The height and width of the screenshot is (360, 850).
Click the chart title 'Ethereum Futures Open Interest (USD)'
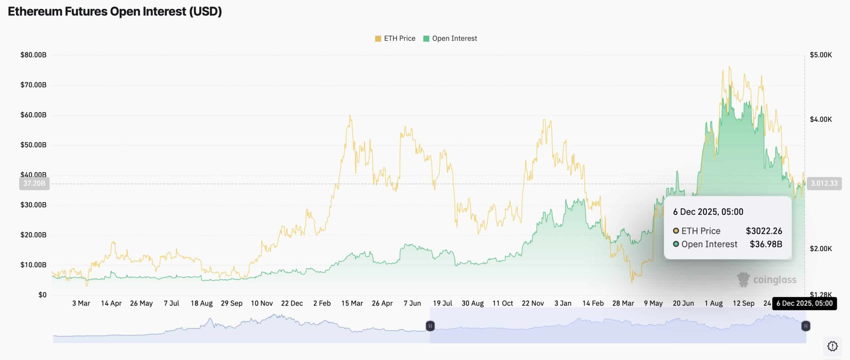point(115,12)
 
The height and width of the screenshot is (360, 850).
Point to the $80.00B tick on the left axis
point(33,55)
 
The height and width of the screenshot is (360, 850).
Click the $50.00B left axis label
point(33,145)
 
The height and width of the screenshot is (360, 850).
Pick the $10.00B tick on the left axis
point(33,265)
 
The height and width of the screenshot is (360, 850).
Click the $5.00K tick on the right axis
point(821,55)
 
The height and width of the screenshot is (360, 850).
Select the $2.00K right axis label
point(821,248)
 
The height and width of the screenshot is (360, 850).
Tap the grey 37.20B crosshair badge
point(34,183)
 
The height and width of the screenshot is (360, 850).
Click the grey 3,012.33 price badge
point(824,183)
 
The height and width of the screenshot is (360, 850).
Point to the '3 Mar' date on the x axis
point(81,303)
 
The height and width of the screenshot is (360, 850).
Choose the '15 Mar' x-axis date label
point(352,303)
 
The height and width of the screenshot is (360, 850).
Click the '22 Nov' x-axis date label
point(533,303)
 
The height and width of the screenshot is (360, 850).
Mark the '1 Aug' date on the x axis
point(714,303)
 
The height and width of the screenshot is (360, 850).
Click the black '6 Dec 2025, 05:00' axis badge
point(804,303)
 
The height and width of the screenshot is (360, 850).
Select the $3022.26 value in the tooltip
point(764,231)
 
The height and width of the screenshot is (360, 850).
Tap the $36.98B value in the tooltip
point(766,244)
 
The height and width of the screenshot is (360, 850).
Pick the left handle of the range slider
point(430,326)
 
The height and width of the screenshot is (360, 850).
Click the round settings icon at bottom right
point(832,346)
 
